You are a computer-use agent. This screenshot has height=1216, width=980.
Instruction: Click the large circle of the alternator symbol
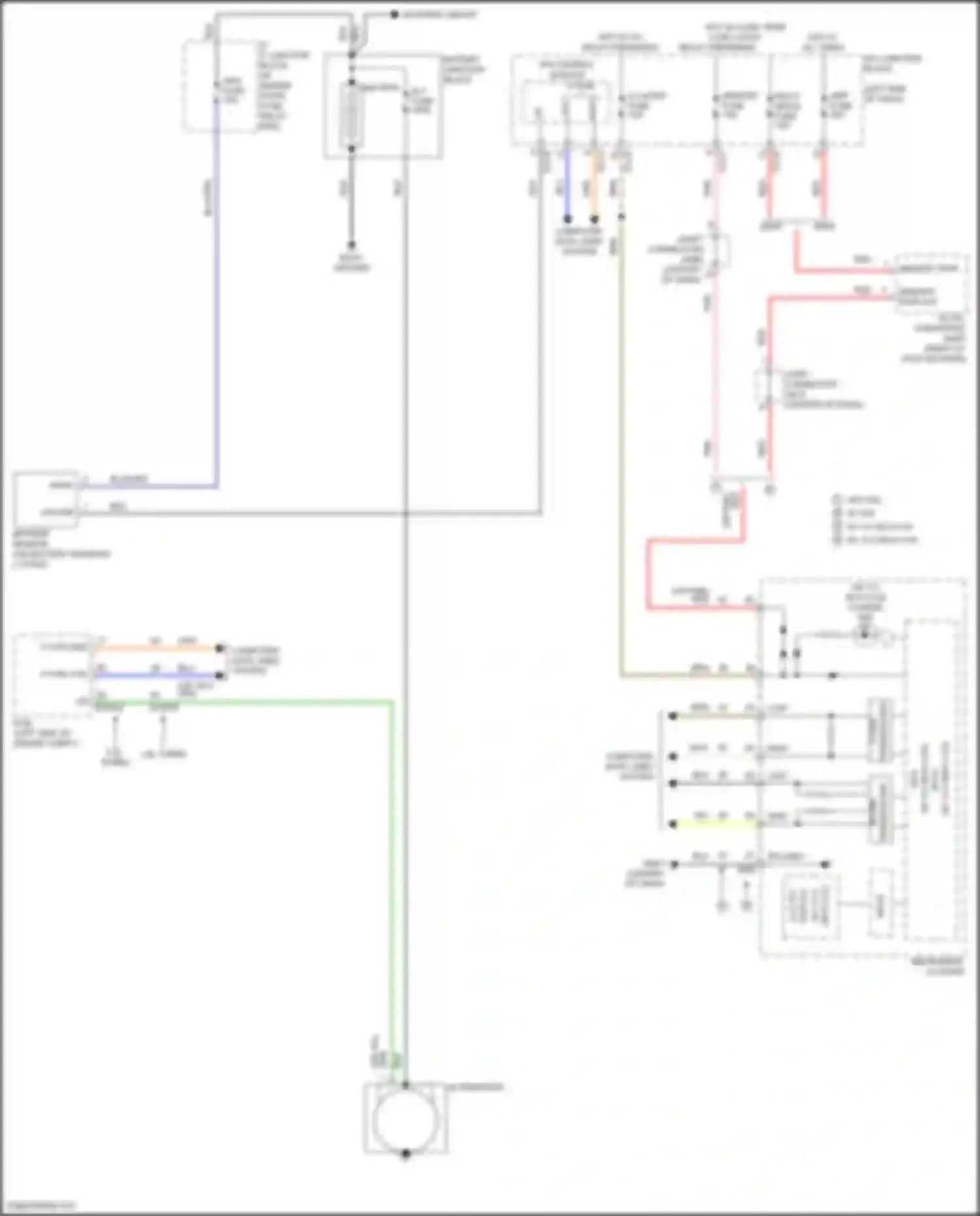point(405,1120)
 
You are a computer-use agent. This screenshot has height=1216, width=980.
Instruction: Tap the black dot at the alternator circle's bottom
point(406,1154)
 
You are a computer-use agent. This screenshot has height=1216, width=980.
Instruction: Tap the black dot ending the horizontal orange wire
point(220,649)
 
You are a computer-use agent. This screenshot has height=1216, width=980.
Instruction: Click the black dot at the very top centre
point(395,14)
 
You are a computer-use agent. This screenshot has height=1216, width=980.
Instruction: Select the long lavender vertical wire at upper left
point(216,294)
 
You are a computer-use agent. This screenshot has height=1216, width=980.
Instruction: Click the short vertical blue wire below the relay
point(567,186)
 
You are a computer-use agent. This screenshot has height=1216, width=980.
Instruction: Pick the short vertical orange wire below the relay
point(594,186)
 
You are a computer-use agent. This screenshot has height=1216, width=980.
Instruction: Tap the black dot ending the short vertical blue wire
point(567,218)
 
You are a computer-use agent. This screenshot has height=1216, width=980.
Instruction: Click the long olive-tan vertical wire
point(621,457)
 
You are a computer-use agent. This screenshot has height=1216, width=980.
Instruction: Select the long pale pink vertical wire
point(716,359)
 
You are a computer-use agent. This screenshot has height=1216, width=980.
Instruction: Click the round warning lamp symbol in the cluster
point(864,633)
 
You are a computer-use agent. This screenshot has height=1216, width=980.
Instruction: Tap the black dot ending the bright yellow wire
point(673,825)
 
